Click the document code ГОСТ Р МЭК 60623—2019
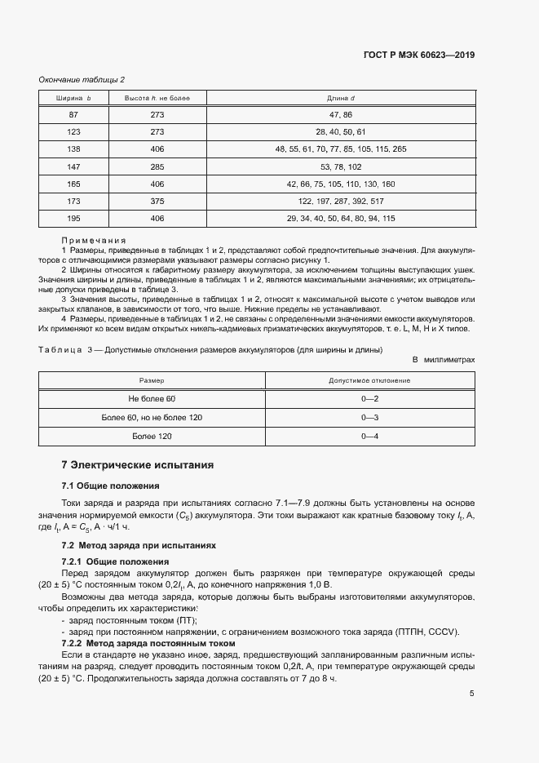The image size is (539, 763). coord(419,55)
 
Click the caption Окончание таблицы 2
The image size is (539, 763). coord(82,79)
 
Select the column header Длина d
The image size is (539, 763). coord(341,98)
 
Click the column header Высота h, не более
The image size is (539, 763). coord(157,98)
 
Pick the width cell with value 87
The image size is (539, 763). coord(73,115)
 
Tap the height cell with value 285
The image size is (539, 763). coord(157,166)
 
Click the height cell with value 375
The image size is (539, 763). coord(157,201)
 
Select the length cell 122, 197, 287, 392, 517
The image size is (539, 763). coord(341,201)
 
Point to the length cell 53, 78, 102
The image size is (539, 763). coord(341,166)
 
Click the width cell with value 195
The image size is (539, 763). coord(73,218)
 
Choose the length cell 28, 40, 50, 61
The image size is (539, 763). coord(341,132)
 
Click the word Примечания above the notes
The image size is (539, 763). coord(93,241)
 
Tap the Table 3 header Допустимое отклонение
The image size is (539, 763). coord(369,380)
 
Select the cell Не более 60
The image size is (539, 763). coord(152,398)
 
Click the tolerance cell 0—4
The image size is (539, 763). coord(369,437)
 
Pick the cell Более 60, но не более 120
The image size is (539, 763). coord(152,417)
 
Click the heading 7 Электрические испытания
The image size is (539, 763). coord(138,465)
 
